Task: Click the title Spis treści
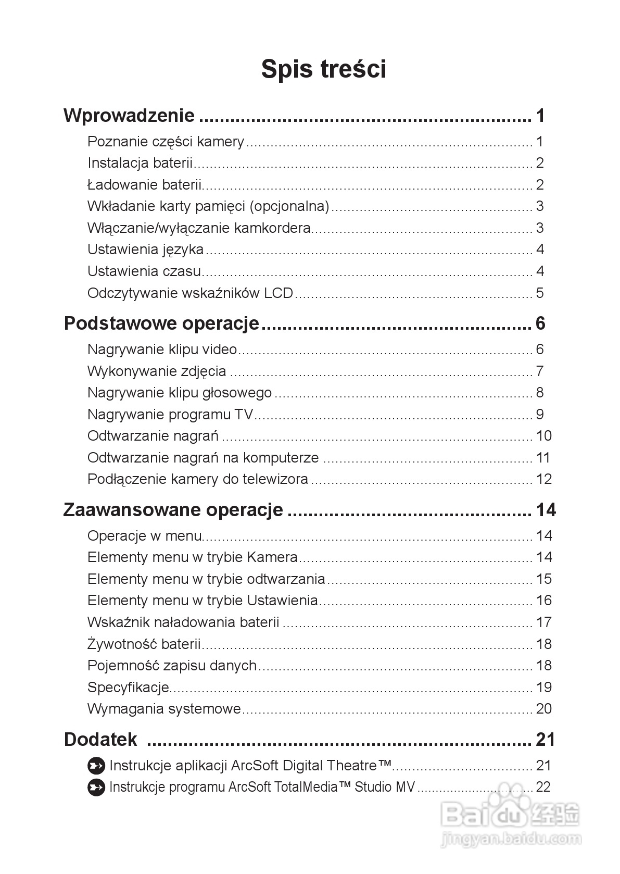(x=323, y=69)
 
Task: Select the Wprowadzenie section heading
(x=129, y=116)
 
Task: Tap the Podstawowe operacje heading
(x=161, y=323)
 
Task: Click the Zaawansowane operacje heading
(x=173, y=509)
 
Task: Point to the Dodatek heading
(x=100, y=740)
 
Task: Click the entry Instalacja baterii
(x=140, y=163)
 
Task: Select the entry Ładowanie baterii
(x=144, y=185)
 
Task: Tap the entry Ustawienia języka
(x=146, y=249)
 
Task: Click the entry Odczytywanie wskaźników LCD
(x=191, y=293)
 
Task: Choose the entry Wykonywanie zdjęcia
(x=157, y=371)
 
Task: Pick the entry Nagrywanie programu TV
(x=170, y=415)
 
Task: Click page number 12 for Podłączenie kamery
(x=543, y=479)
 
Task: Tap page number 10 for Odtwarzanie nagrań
(x=543, y=436)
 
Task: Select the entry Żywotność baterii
(x=144, y=644)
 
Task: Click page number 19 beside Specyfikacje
(x=543, y=688)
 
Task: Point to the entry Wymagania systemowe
(x=164, y=709)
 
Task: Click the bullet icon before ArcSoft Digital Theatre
(x=96, y=766)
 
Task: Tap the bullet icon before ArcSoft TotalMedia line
(x=96, y=788)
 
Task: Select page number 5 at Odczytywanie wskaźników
(x=540, y=293)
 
